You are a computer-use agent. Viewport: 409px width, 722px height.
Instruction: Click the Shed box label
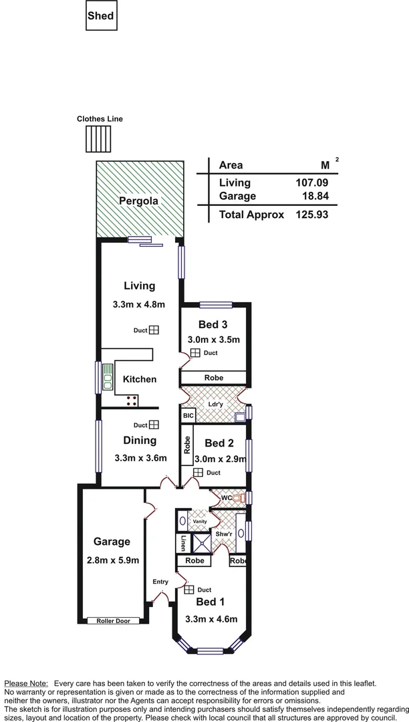[x=101, y=16]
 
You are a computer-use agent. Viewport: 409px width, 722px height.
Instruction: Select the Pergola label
[x=138, y=201]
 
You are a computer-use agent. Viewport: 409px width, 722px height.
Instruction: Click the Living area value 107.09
[x=311, y=183]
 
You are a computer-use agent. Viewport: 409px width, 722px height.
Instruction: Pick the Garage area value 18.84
[x=316, y=196]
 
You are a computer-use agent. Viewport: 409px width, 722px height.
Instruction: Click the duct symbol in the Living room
[x=154, y=330]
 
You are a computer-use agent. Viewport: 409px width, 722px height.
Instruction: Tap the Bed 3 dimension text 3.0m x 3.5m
[x=215, y=340]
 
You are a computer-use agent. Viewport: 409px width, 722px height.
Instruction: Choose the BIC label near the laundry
[x=187, y=415]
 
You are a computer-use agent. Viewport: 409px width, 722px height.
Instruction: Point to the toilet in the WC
[x=236, y=498]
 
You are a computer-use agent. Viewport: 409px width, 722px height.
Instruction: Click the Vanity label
[x=200, y=521]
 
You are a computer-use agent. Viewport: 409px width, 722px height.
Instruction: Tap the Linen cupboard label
[x=182, y=543]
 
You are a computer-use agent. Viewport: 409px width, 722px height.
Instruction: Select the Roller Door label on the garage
[x=113, y=621]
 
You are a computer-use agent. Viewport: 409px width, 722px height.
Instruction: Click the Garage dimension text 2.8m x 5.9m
[x=112, y=560]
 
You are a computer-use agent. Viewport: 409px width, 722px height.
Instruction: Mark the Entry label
[x=160, y=582]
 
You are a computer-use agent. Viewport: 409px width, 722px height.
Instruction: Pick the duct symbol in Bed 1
[x=188, y=590]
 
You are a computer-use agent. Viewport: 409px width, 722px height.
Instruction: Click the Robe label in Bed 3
[x=214, y=378]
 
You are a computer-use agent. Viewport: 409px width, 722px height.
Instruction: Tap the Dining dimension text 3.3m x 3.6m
[x=140, y=458]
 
